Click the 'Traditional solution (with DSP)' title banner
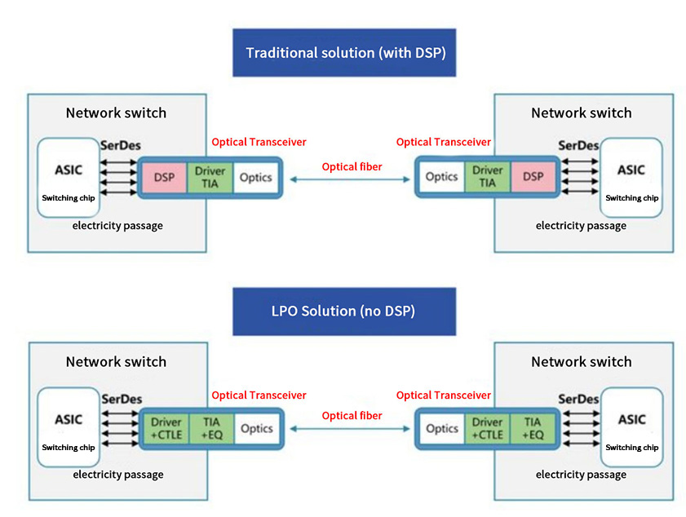pos(343,53)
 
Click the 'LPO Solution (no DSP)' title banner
pos(343,312)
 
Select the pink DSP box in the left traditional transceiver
pos(164,177)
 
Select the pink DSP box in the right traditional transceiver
pos(533,177)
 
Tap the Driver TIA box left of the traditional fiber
pos(210,177)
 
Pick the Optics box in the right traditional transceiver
pos(441,177)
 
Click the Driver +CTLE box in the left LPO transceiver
pos(166,428)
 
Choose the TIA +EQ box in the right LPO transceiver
pos(533,428)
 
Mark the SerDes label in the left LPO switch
pos(121,400)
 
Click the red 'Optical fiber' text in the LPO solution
pos(352,416)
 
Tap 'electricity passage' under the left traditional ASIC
pos(117,225)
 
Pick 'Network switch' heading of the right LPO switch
pos(581,361)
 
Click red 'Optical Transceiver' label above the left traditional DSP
pos(259,142)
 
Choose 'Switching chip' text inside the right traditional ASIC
pos(631,198)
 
